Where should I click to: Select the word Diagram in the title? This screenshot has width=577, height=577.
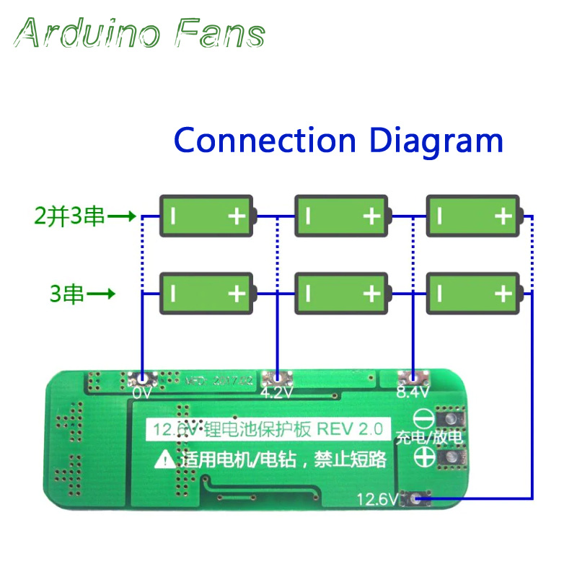[436, 141]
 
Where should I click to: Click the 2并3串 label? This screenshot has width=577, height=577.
[70, 216]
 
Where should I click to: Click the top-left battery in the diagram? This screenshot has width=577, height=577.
[207, 215]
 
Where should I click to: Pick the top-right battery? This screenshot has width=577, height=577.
[473, 215]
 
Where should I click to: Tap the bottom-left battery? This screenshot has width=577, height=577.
[207, 293]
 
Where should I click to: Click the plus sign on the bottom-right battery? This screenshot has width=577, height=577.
[502, 294]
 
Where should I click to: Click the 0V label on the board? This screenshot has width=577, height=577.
[144, 394]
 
